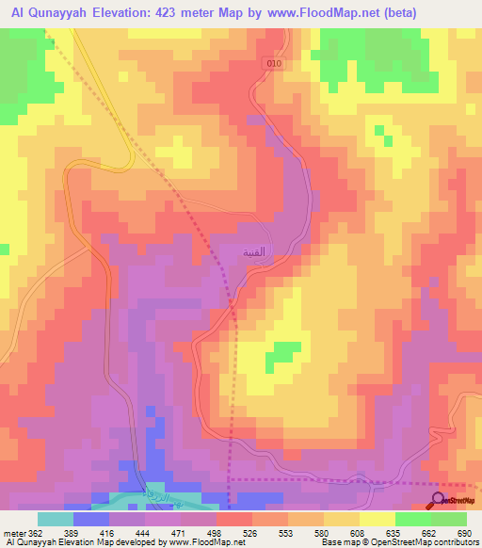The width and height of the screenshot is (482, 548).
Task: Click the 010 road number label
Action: pyautogui.click(x=274, y=62)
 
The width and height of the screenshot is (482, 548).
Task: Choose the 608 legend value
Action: pyautogui.click(x=357, y=533)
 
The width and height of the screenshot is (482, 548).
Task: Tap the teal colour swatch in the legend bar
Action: pyautogui.click(x=56, y=519)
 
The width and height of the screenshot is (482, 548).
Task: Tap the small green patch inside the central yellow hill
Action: pyautogui.click(x=281, y=354)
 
